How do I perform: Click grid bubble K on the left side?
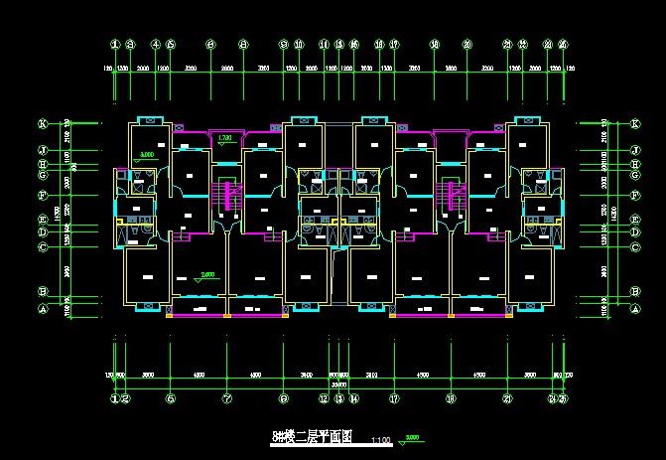point(43,124)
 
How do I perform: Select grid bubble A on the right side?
point(634,309)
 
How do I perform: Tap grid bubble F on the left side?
point(43,196)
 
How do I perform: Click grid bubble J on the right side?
point(634,150)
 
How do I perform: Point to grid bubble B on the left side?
point(43,292)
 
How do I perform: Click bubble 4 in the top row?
point(156,45)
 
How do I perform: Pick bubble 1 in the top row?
point(115,45)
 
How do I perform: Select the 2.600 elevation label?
point(207,274)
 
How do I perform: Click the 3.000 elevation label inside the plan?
point(147,156)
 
